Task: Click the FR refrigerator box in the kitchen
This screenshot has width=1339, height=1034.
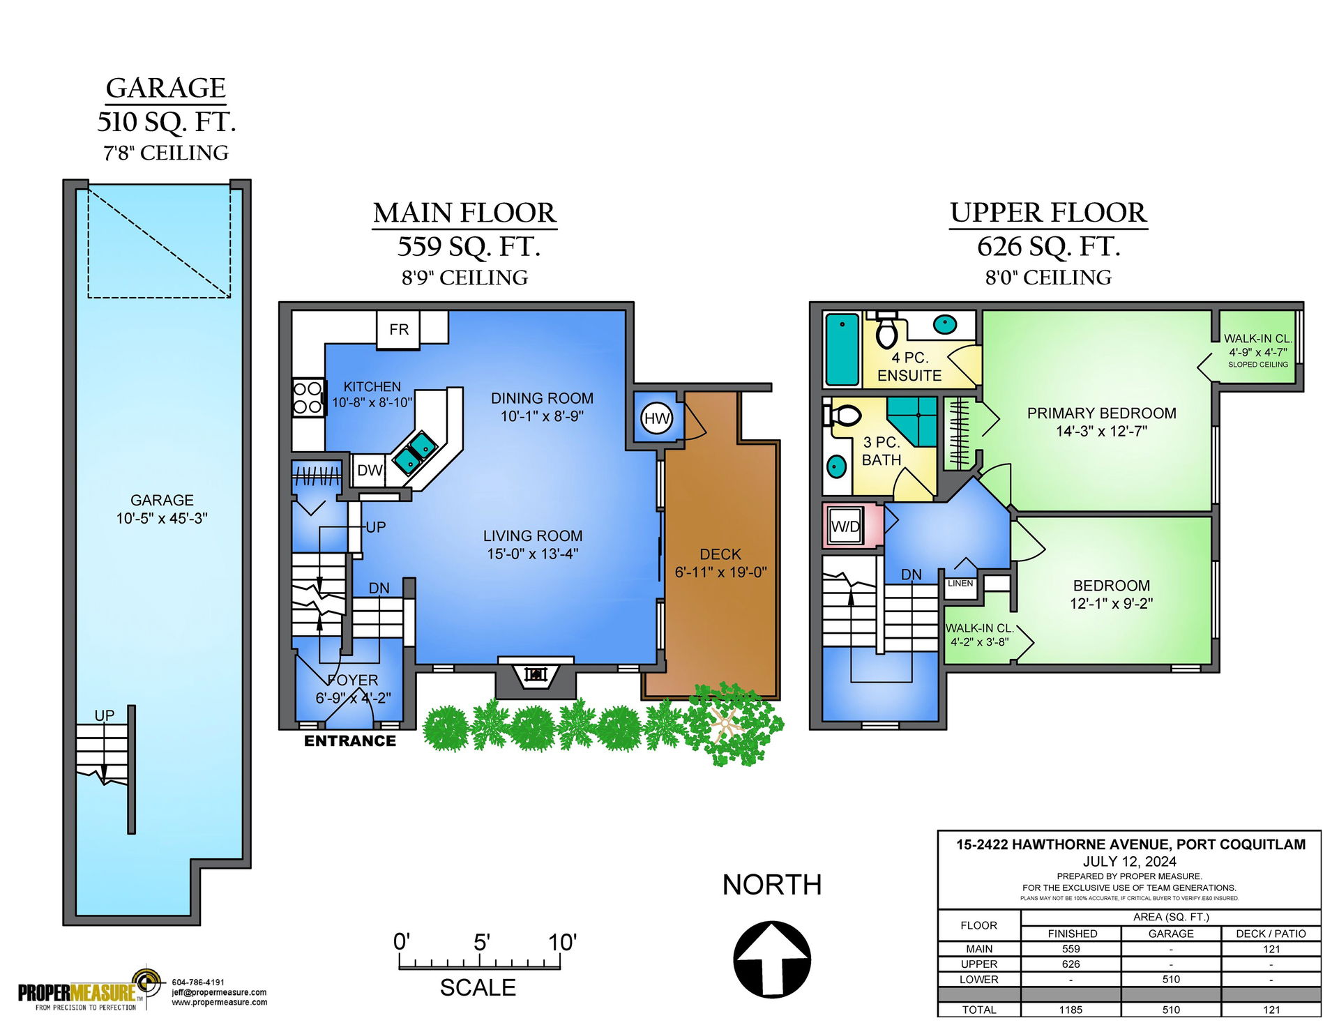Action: pos(398,329)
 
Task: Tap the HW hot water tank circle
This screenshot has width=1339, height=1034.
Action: pos(656,418)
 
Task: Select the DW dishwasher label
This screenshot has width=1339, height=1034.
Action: pos(369,471)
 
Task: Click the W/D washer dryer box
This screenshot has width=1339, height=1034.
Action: pos(846,526)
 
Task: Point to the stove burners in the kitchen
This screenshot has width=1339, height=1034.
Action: pos(308,397)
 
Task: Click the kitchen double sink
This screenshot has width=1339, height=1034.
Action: pos(415,453)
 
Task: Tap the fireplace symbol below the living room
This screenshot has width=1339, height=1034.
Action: pos(536,675)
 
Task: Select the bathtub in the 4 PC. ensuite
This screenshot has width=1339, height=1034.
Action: pos(842,349)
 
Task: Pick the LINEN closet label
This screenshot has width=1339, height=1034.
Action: pos(960,584)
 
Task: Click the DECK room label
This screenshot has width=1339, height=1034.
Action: pos(720,554)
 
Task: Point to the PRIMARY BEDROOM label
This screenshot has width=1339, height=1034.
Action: pos(1102,413)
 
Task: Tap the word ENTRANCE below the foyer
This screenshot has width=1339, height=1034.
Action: pos(350,741)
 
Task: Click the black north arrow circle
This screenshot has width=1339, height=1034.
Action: pos(772,959)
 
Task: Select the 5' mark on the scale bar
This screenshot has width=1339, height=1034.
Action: pos(482,943)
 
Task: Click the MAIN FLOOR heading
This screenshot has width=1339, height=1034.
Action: pos(464,213)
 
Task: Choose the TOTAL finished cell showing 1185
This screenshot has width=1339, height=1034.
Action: pos(1071,1010)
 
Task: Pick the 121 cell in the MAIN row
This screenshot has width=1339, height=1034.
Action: pos(1271,949)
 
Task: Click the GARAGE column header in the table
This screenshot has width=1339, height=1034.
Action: pos(1171,934)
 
